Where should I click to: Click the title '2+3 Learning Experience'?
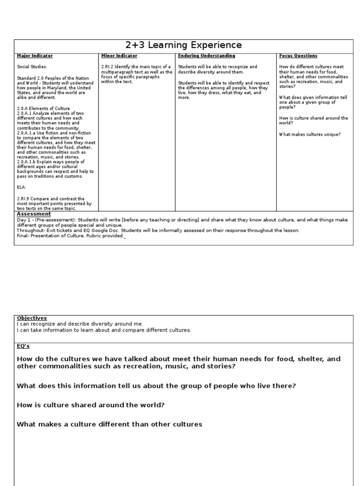click(x=183, y=46)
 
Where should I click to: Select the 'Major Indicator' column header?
click(x=35, y=56)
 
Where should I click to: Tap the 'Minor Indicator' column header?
click(x=119, y=56)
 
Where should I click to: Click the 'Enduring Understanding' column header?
click(x=206, y=56)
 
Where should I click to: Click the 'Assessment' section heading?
click(x=33, y=214)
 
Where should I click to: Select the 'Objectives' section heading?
click(x=32, y=318)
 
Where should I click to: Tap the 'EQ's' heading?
click(x=23, y=346)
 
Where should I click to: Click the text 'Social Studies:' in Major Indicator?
click(x=32, y=67)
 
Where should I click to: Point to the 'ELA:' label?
click(x=22, y=187)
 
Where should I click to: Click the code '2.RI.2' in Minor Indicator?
click(x=109, y=67)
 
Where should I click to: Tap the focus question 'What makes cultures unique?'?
click(x=309, y=134)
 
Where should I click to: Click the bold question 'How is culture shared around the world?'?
click(x=91, y=405)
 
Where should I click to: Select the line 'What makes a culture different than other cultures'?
click(x=109, y=424)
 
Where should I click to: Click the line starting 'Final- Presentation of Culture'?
click(x=70, y=236)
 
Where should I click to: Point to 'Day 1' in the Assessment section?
click(x=23, y=220)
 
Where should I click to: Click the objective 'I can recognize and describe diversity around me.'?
click(x=80, y=324)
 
